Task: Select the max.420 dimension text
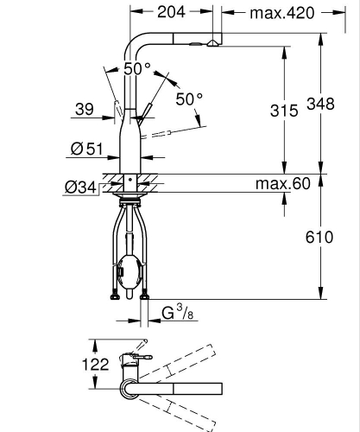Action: click(281, 13)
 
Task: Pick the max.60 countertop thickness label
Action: click(281, 184)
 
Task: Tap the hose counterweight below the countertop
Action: click(129, 270)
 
